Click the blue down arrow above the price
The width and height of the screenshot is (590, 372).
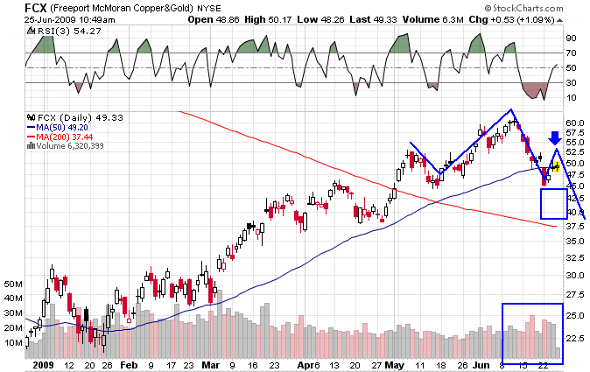click(x=554, y=137)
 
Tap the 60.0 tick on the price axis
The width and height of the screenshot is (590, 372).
click(x=575, y=123)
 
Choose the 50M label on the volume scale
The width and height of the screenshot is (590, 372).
click(x=13, y=284)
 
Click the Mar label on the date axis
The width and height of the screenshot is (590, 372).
click(x=211, y=363)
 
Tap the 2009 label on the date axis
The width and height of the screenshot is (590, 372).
click(x=40, y=363)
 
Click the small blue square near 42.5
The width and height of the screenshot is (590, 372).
click(x=554, y=203)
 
